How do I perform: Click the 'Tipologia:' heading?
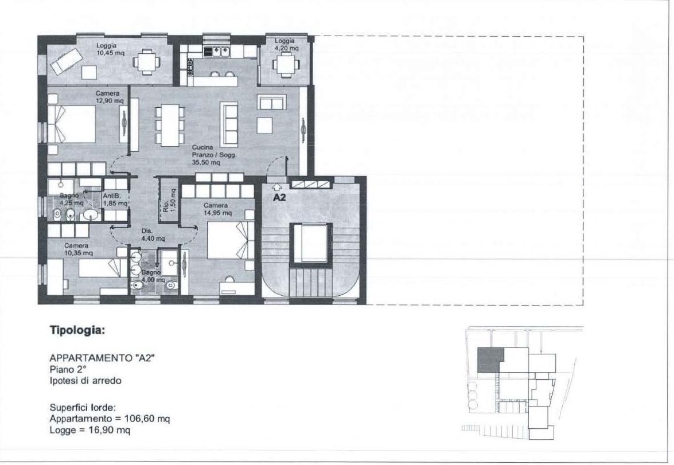click(x=77, y=330)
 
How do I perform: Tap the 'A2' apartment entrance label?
click(x=280, y=198)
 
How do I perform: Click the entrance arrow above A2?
click(x=276, y=186)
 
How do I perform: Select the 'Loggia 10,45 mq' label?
click(x=110, y=49)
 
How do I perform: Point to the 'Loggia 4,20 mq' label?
click(x=286, y=44)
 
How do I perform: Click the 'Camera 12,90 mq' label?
click(x=110, y=97)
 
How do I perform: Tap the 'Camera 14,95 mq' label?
click(x=217, y=209)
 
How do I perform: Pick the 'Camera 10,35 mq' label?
click(x=78, y=249)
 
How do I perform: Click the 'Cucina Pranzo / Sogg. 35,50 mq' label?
click(x=214, y=155)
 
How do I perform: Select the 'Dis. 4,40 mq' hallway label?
click(x=153, y=235)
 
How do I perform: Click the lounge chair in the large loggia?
click(x=66, y=61)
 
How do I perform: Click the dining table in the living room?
click(x=170, y=124)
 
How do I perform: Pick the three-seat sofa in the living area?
click(x=229, y=124)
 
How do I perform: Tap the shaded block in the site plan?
click(x=490, y=360)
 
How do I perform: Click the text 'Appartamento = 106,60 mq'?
click(x=110, y=418)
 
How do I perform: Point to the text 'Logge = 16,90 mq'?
click(x=90, y=430)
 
